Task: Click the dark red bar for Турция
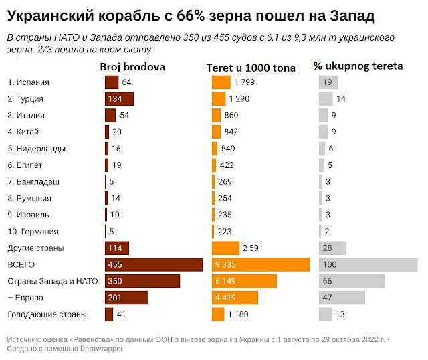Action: point(119,99)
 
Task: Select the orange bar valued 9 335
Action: point(261,265)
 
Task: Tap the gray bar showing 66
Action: point(352,281)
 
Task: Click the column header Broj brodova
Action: point(132,67)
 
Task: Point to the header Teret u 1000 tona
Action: point(251,68)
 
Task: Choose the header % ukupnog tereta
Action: point(358,66)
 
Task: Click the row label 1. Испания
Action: point(28,82)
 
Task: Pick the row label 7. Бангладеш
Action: point(33,182)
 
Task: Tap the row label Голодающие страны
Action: point(47,314)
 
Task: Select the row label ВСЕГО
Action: point(21,265)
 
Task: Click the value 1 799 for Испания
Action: point(245,82)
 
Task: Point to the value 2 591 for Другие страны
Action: point(253,248)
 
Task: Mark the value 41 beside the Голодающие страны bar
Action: point(121,314)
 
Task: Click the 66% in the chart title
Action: point(191,16)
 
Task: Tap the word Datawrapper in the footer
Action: point(102,349)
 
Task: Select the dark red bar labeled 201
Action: point(126,298)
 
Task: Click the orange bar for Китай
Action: point(217,132)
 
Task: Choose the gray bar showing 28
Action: point(333,248)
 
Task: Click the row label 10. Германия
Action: point(33,232)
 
